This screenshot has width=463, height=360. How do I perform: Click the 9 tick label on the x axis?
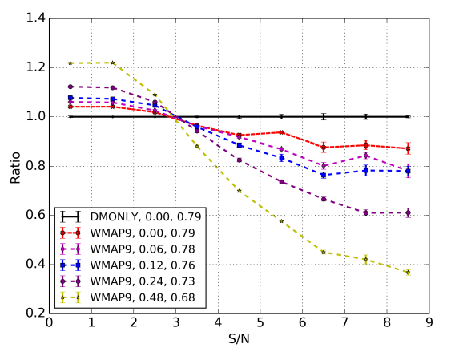pos(429,323)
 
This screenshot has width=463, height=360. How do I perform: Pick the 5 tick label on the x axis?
pos(260,323)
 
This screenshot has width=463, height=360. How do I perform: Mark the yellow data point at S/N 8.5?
pos(408,272)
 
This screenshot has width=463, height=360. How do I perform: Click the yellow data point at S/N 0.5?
pos(70,63)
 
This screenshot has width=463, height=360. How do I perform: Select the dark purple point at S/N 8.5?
pos(408,212)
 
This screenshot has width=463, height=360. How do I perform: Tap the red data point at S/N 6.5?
pos(324,148)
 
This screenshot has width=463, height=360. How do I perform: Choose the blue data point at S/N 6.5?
pos(324,175)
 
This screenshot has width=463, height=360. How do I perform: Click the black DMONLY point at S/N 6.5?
pos(324,116)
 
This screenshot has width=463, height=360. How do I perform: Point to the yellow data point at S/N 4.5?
pos(239,191)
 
